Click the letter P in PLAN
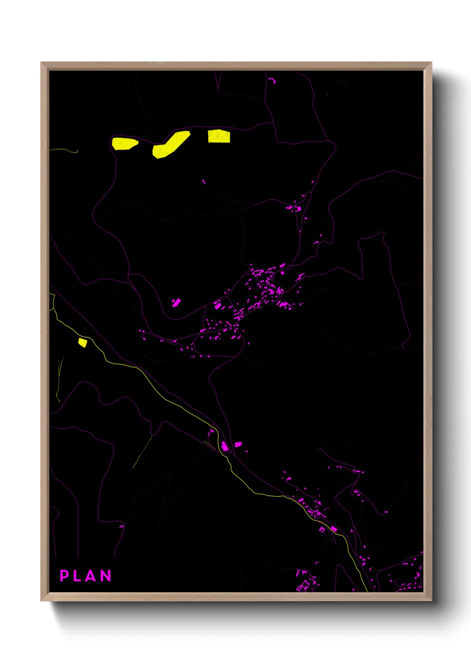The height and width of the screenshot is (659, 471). pyautogui.click(x=65, y=576)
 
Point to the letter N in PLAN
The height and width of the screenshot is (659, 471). pyautogui.click(x=106, y=576)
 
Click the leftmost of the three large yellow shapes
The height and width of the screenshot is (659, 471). pyautogui.click(x=124, y=143)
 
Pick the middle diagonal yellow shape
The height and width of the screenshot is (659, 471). pyautogui.click(x=171, y=144)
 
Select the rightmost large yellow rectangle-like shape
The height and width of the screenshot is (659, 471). pyautogui.click(x=219, y=136)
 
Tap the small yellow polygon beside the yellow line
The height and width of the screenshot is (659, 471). pyautogui.click(x=82, y=342)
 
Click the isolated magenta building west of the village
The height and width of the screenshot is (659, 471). pyautogui.click(x=176, y=303)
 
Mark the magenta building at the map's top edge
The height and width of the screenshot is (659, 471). pyautogui.click(x=272, y=81)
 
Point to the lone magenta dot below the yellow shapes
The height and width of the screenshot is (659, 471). pyautogui.click(x=204, y=181)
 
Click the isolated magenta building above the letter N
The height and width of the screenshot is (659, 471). pyautogui.click(x=121, y=527)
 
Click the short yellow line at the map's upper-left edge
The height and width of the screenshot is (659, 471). pyautogui.click(x=64, y=151)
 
